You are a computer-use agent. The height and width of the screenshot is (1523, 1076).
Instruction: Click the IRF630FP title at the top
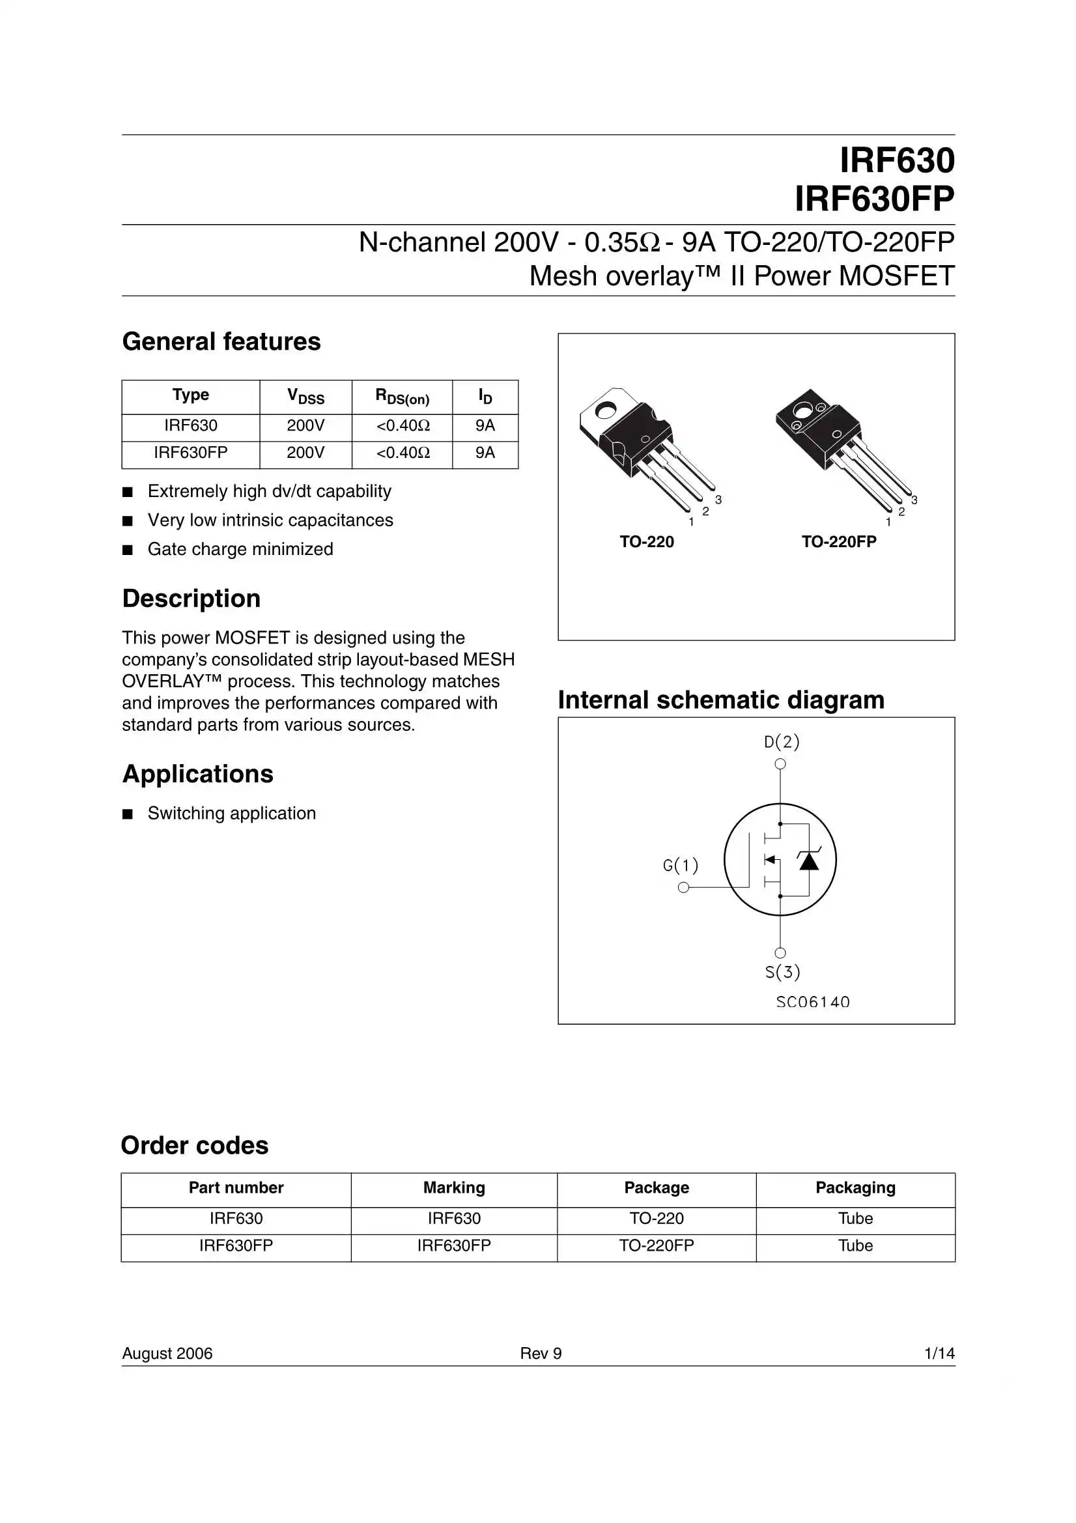pyautogui.click(x=873, y=198)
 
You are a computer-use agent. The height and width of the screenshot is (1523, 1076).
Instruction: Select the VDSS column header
pyautogui.click(x=305, y=397)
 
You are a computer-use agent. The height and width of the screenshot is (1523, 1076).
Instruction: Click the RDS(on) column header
pyautogui.click(x=402, y=397)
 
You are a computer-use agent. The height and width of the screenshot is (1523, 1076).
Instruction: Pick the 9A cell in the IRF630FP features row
pyautogui.click(x=485, y=452)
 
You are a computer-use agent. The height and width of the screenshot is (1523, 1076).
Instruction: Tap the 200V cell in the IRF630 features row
pyautogui.click(x=305, y=425)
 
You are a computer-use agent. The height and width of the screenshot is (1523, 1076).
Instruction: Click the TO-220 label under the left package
pyautogui.click(x=646, y=542)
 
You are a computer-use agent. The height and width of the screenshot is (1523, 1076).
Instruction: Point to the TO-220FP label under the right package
pyautogui.click(x=838, y=542)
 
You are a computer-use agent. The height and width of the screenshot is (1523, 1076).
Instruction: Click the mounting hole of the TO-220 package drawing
pyautogui.click(x=605, y=411)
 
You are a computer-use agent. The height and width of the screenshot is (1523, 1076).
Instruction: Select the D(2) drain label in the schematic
pyautogui.click(x=782, y=741)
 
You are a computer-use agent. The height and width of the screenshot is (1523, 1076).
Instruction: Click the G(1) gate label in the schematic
pyautogui.click(x=681, y=865)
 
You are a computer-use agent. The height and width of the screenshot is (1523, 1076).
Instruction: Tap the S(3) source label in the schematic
pyautogui.click(x=782, y=973)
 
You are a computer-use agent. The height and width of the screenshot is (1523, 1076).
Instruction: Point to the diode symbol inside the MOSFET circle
pyautogui.click(x=809, y=861)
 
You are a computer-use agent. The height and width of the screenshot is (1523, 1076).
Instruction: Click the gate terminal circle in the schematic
pyautogui.click(x=683, y=887)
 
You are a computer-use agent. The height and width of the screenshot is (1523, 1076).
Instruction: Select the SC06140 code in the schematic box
pyautogui.click(x=813, y=1003)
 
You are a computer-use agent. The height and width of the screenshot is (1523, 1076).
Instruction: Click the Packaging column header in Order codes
pyautogui.click(x=855, y=1188)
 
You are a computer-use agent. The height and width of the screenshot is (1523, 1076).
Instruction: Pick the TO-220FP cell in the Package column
pyautogui.click(x=656, y=1245)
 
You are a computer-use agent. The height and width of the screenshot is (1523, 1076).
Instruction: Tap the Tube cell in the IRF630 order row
pyautogui.click(x=855, y=1219)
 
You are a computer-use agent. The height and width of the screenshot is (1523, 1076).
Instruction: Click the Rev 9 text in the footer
pyautogui.click(x=541, y=1353)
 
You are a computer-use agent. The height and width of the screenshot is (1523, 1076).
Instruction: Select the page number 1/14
pyautogui.click(x=939, y=1353)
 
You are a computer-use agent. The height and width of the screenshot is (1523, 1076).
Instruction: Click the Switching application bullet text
pyautogui.click(x=231, y=813)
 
